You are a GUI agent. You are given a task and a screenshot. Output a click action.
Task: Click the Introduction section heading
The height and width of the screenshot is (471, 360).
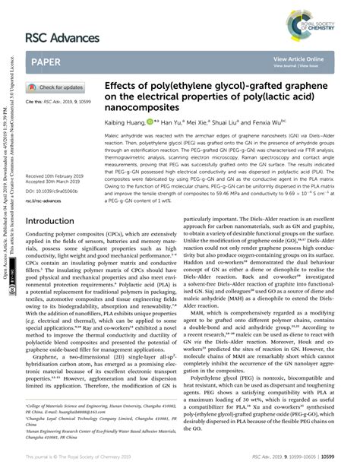[55, 221]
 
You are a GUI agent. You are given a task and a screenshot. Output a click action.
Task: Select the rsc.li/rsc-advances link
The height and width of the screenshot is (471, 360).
[46, 201]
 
